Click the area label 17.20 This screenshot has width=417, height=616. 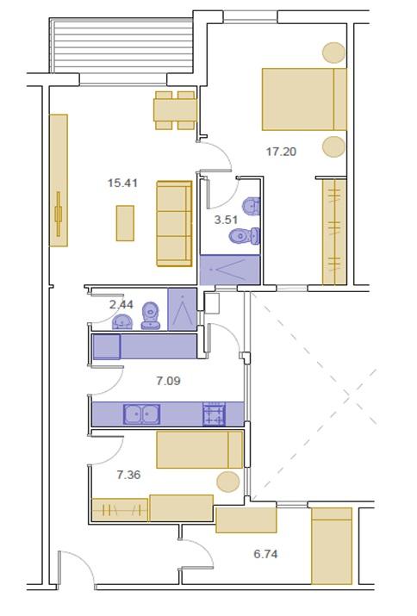(281, 152)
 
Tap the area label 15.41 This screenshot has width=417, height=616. (122, 183)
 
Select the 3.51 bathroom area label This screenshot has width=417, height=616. (226, 220)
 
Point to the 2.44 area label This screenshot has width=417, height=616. (121, 304)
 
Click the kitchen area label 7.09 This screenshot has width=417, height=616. (168, 381)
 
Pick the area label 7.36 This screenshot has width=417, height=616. (128, 475)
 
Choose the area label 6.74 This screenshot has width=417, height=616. (265, 554)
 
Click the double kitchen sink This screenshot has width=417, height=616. (142, 414)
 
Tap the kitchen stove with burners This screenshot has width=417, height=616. (215, 414)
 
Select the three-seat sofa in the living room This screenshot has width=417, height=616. (175, 223)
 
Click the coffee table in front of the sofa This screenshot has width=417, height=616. (125, 223)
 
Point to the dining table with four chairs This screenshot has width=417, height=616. (175, 110)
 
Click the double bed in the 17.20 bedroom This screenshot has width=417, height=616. (305, 99)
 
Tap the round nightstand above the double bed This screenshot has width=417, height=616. (333, 53)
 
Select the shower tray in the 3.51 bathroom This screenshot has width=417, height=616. (230, 270)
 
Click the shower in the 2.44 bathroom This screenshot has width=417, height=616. (183, 309)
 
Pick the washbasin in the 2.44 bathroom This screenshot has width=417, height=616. (122, 321)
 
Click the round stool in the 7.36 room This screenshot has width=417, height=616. (228, 482)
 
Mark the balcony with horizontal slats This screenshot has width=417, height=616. (121, 47)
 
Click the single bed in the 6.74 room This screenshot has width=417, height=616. (332, 546)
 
